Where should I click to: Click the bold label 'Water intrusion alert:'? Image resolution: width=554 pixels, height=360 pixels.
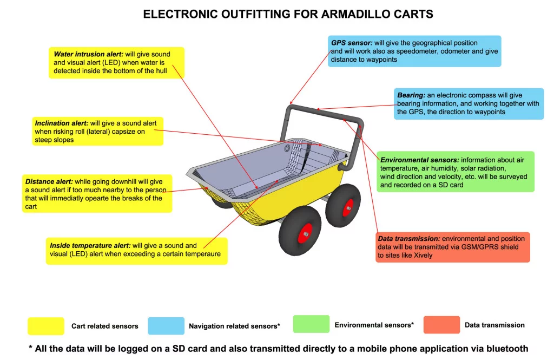89,54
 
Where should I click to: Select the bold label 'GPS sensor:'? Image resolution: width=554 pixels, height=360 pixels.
352,42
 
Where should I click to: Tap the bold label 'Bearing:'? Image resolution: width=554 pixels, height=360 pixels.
411,95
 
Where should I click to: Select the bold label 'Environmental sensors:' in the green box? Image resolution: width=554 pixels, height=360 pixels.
420,160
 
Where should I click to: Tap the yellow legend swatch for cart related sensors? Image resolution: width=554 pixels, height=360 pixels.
46,326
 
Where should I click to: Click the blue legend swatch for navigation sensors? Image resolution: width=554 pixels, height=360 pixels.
166,326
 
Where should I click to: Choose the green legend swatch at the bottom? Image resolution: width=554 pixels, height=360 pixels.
311,324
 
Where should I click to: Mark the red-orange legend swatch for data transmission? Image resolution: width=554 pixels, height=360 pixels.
441,325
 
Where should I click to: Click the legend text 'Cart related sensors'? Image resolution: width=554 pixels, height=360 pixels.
105,326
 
